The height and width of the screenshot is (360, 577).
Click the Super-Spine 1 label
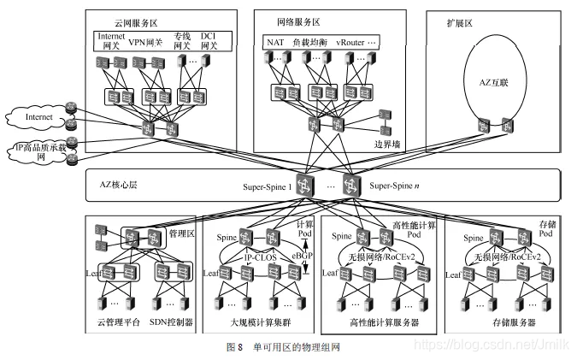pyautogui.click(x=267, y=186)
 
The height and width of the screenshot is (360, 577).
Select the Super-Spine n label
pyautogui.click(x=394, y=186)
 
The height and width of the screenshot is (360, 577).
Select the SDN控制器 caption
pyautogui.click(x=172, y=324)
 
